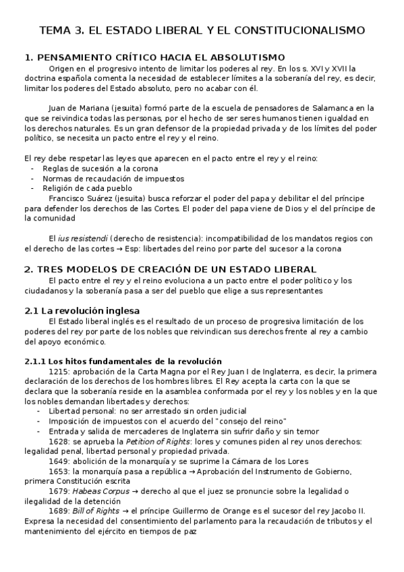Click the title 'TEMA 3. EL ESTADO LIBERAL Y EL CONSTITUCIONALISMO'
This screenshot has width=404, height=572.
click(202, 30)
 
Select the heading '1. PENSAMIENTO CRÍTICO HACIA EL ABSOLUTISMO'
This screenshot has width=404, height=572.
click(154, 57)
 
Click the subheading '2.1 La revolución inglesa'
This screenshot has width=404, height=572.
click(82, 310)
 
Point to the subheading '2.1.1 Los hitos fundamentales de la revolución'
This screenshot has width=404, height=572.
click(123, 361)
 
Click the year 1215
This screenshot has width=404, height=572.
click(58, 371)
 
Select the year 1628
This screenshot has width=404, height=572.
click(58, 440)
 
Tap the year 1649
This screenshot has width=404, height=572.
click(58, 461)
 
